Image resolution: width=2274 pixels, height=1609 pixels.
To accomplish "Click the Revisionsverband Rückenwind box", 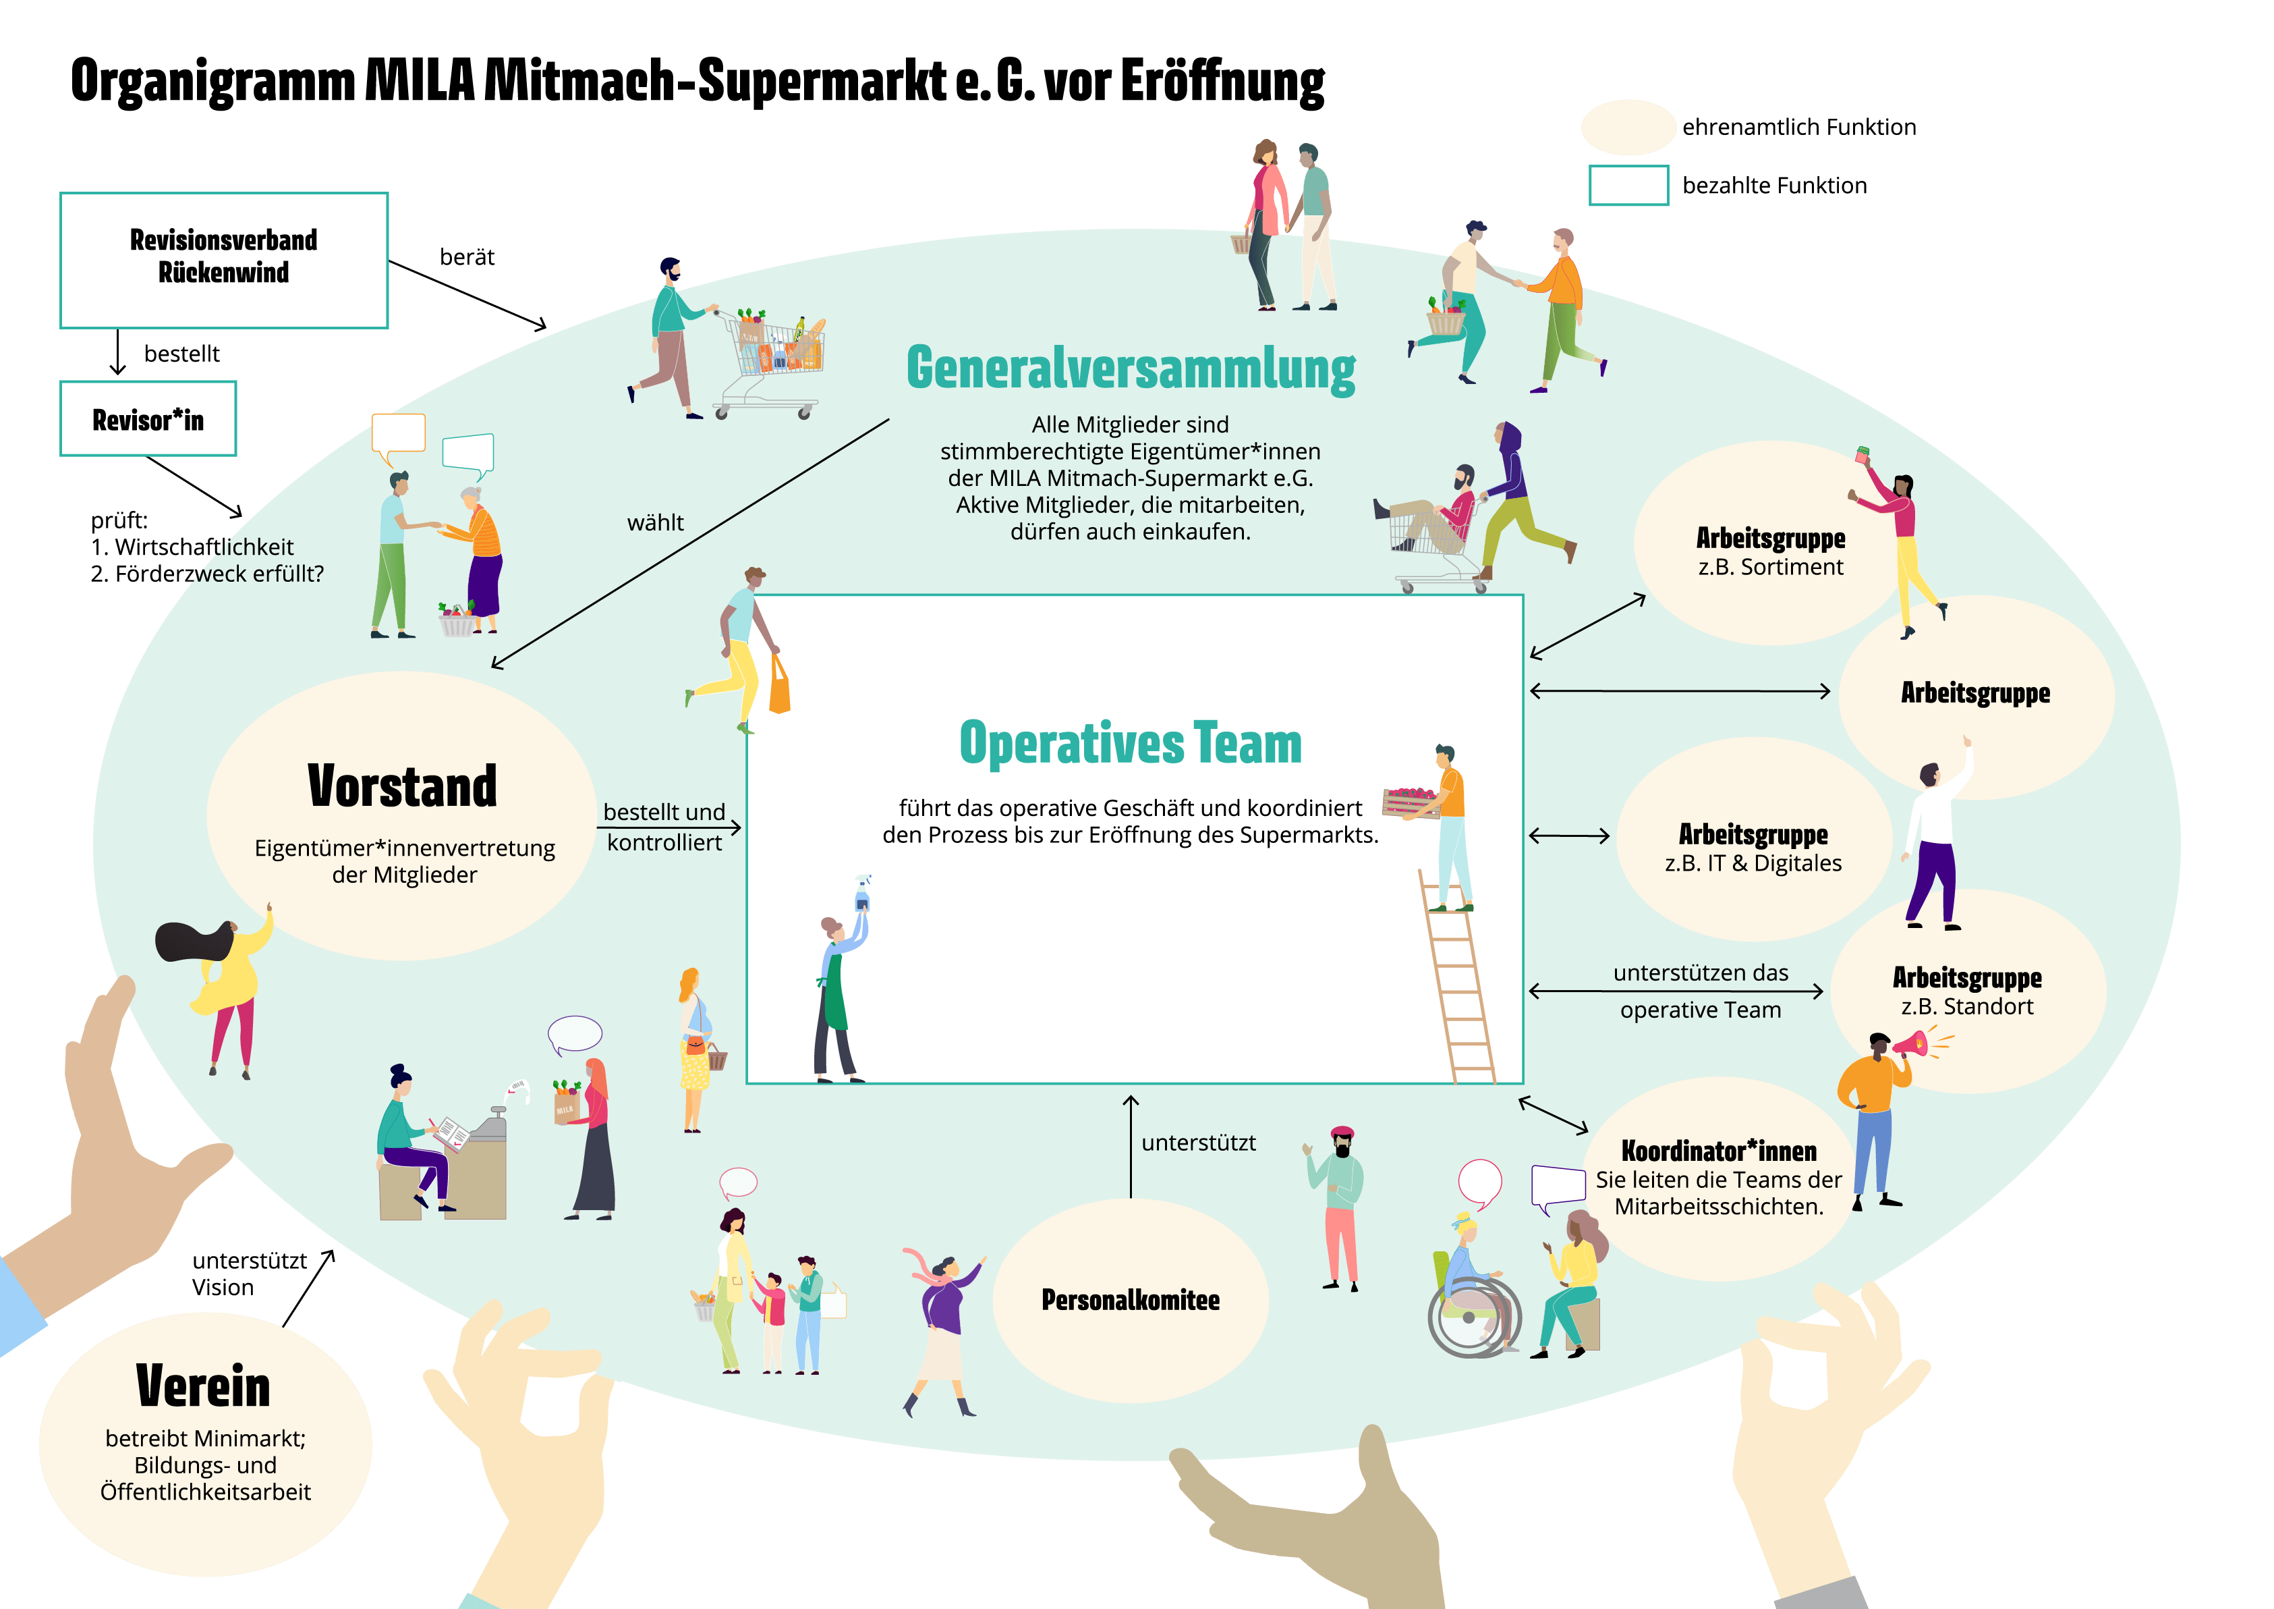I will [224, 260].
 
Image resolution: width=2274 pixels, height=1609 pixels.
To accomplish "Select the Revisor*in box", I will [148, 419].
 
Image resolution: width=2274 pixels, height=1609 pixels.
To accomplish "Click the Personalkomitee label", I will [1130, 1300].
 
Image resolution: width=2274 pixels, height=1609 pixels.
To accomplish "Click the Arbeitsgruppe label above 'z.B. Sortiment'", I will [1770, 538].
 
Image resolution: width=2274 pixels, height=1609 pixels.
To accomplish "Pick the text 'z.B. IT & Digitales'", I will [1753, 863].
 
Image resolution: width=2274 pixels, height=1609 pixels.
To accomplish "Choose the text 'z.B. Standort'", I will [1967, 1006].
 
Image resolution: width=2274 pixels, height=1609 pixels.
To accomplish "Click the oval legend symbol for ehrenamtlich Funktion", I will [1627, 127].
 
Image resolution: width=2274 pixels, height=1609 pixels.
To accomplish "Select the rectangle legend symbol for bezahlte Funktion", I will [1628, 186].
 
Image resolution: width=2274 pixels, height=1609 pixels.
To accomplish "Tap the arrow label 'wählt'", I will [654, 523].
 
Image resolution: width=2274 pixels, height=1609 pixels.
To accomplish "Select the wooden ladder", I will [1458, 981].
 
